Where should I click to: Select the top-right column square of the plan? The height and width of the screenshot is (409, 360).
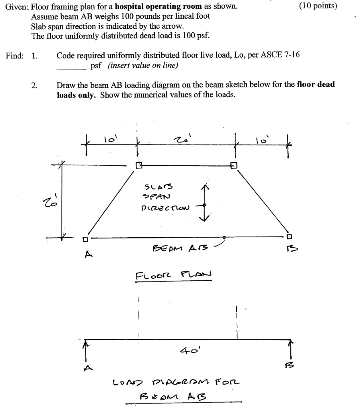pyautogui.click(x=234, y=165)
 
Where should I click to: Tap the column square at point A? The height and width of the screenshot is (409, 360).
pyautogui.click(x=85, y=240)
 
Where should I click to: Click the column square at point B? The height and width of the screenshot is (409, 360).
pyautogui.click(x=290, y=236)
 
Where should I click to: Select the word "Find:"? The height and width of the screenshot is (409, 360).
pyautogui.click(x=14, y=56)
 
